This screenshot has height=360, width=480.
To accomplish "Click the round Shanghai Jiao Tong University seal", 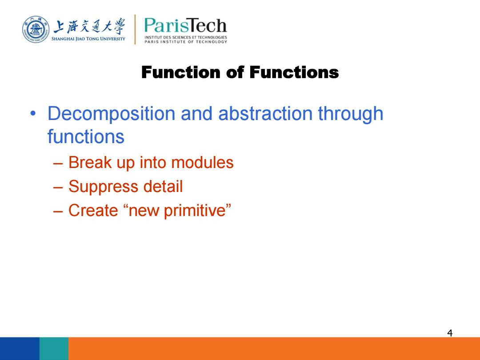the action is point(36,29).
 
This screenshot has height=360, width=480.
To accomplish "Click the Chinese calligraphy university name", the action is point(89,26).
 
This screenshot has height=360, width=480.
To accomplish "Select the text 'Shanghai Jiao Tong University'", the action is point(88,39).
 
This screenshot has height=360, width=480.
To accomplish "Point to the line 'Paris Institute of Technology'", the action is point(186,42).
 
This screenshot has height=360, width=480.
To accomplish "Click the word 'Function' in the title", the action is point(181,72).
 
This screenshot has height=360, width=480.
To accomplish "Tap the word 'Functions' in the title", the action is point(294,72).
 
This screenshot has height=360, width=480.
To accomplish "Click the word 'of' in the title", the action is point(235,72).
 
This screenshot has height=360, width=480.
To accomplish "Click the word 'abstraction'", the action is point(265,113).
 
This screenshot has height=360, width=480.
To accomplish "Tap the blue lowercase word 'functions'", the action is point(86,136).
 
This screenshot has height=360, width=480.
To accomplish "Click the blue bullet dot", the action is point(33,114).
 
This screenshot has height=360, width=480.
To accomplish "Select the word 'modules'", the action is point(202,162).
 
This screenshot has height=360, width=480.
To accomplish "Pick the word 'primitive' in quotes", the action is point(194,211).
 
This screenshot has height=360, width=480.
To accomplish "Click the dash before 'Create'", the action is point(58,211).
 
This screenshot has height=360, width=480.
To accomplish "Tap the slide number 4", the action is point(450,333).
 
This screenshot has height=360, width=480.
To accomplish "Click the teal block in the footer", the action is point(54,349).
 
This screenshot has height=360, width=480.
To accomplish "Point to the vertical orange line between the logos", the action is point(135,29).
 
